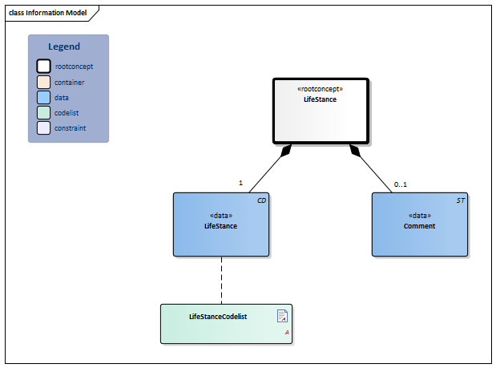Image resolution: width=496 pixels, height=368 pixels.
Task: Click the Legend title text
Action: pos(64,47)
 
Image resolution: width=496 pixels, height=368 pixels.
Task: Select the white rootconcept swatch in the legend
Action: pos(43,67)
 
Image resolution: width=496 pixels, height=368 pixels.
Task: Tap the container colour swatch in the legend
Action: pos(43,82)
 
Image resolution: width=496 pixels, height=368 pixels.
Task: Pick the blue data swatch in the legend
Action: pos(43,97)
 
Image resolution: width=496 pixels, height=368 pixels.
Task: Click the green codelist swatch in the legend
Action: pos(43,112)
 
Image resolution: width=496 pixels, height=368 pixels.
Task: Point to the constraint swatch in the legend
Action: pos(43,127)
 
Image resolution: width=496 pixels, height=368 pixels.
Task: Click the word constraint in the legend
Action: pos(71,127)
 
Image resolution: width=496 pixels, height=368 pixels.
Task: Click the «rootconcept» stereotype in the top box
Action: pos(320,89)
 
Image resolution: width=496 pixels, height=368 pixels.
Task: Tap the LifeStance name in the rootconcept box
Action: pos(320,99)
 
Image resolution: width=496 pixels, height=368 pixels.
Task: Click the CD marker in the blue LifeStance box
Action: pos(261,200)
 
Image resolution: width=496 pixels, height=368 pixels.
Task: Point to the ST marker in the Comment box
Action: pos(460,200)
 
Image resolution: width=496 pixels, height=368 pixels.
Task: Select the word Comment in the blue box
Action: pos(419,226)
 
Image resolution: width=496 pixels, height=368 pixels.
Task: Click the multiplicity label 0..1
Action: pos(400,184)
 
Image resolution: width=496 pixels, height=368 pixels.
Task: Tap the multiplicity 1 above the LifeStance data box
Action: pos(240,183)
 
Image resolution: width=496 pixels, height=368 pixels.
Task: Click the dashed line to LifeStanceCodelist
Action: pos(221,281)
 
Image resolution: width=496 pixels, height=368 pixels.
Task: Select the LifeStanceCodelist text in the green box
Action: pos(217,317)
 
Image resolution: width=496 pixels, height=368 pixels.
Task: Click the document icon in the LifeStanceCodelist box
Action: pos(282,315)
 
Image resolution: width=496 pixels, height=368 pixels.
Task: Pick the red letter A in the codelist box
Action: pos(286,333)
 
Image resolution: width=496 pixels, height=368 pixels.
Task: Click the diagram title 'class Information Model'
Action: pos(48,13)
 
